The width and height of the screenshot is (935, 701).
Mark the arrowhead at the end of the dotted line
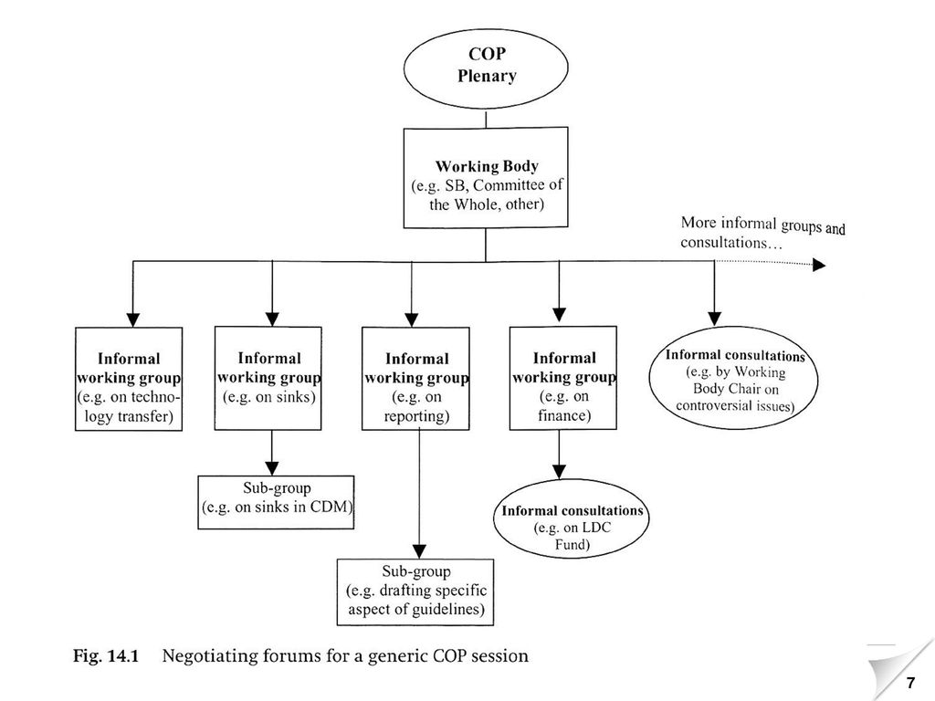pos(819,265)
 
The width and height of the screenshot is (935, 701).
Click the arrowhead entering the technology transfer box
pos(133,319)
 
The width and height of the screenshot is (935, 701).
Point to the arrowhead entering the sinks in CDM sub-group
pos(272,468)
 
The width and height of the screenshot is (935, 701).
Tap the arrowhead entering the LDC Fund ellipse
pos(560,472)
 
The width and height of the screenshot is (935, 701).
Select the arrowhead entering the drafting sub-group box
pos(420,551)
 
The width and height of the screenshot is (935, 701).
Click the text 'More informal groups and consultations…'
pos(762,233)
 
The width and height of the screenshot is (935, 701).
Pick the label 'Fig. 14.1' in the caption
pos(106,656)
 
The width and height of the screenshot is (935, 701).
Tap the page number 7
pos(910,683)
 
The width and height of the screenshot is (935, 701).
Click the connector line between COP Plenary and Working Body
pos(486,118)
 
